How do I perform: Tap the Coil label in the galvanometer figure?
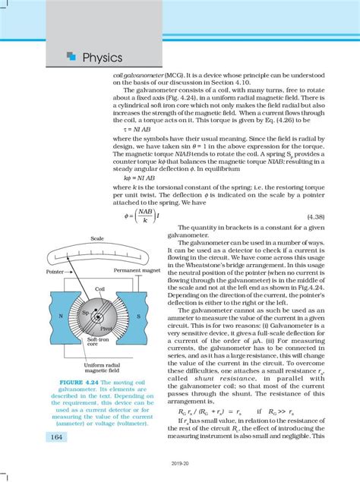pos(99,289)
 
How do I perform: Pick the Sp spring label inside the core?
pos(85,312)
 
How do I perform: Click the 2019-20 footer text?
pos(179,471)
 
